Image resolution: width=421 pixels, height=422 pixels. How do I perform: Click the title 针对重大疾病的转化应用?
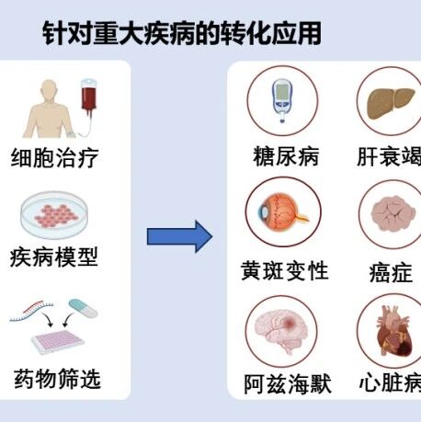(x=182, y=33)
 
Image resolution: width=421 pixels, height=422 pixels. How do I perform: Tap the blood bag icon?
(x=88, y=95)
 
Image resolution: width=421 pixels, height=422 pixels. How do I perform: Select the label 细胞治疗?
(x=55, y=158)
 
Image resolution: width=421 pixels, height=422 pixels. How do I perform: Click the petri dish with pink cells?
(x=54, y=214)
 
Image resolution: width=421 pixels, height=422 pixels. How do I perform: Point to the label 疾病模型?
(x=54, y=257)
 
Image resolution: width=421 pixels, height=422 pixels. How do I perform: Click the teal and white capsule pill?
(x=83, y=308)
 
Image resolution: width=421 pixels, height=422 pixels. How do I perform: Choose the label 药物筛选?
(x=57, y=379)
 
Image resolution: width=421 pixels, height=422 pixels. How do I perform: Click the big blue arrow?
(x=179, y=236)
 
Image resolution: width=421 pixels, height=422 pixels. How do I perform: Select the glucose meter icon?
(x=282, y=101)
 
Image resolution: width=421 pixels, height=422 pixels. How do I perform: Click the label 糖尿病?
(x=286, y=156)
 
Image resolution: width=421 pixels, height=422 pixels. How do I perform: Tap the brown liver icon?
(x=391, y=103)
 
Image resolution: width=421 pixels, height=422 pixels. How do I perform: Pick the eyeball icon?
(x=282, y=212)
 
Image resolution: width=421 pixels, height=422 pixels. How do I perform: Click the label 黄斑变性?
(x=285, y=270)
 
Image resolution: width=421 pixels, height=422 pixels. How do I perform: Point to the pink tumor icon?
(x=393, y=213)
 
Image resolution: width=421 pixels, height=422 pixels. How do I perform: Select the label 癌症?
(x=391, y=272)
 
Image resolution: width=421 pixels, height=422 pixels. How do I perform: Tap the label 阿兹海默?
(x=288, y=383)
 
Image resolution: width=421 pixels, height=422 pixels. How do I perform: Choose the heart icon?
(x=394, y=332)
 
